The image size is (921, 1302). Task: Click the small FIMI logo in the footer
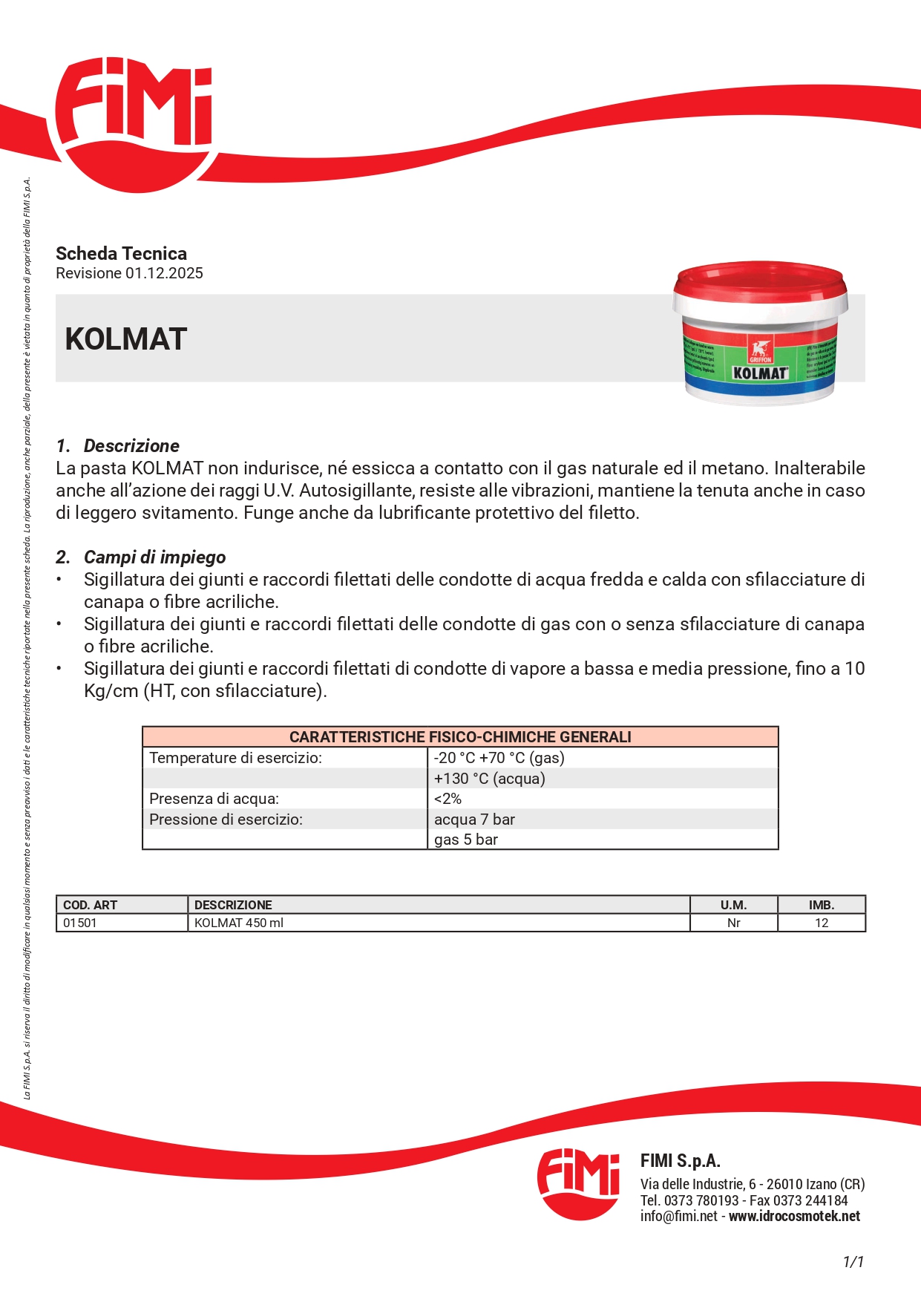(578, 1183)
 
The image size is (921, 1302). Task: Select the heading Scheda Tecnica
(121, 253)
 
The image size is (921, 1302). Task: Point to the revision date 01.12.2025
(164, 273)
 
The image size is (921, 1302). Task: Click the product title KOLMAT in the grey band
(125, 339)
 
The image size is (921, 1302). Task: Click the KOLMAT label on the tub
(759, 373)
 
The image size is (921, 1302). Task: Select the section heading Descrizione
(131, 446)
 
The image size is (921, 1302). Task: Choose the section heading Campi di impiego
(154, 557)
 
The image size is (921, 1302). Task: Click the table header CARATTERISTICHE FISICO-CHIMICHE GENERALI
(460, 737)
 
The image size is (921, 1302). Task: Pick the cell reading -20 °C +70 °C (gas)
(499, 758)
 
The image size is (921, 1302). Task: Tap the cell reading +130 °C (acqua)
(489, 779)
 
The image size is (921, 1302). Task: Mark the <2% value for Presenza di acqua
(448, 799)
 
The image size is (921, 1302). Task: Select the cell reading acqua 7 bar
(474, 820)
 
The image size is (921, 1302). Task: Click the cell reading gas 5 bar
(465, 840)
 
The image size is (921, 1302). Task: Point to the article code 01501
(80, 923)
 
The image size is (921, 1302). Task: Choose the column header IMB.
(821, 905)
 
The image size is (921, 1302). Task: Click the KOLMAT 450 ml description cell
(239, 923)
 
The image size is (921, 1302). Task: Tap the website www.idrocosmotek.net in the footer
(794, 1217)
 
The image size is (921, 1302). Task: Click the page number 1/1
(853, 1262)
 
